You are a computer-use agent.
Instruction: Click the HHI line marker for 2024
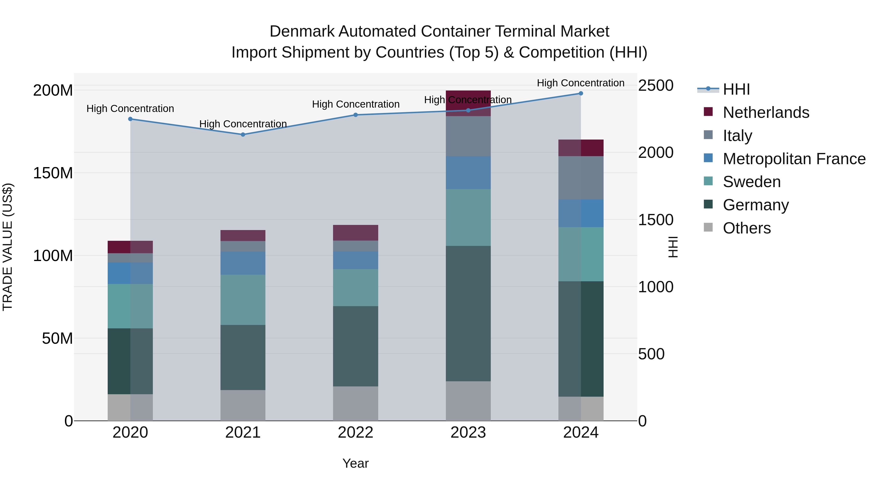point(581,93)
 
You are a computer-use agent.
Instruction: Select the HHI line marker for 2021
point(243,135)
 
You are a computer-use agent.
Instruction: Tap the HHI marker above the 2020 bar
point(130,119)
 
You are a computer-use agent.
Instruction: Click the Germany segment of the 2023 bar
point(468,314)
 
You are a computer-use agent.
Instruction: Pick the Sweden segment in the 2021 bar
point(243,300)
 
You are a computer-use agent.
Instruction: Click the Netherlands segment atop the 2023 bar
point(468,103)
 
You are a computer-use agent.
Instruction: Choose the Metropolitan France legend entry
point(794,159)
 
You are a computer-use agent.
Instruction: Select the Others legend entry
point(747,228)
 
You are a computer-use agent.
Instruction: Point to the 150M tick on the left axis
point(53,173)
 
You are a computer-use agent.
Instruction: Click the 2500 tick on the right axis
point(656,86)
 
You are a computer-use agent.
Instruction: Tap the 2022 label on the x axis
point(356,433)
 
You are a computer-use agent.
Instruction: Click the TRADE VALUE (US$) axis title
point(8,247)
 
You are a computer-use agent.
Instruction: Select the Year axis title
point(356,463)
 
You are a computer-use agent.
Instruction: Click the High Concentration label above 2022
point(356,104)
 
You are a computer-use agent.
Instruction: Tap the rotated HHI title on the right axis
point(673,247)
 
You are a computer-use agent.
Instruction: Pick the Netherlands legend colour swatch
point(708,112)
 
